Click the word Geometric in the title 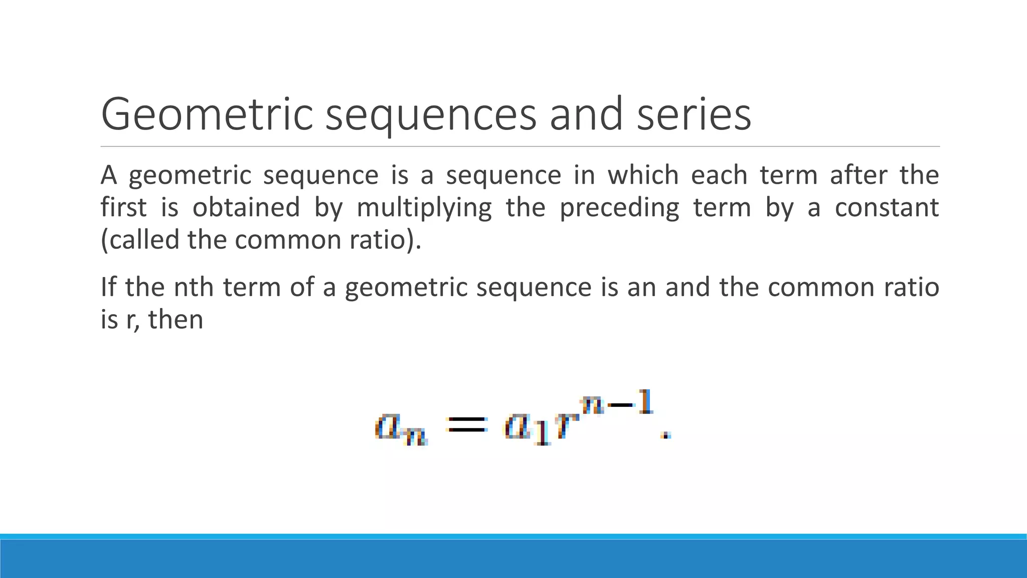(x=207, y=114)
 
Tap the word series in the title (x=694, y=114)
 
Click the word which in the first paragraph (x=643, y=175)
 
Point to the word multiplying (x=424, y=208)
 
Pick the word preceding (x=619, y=208)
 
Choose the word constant (x=887, y=207)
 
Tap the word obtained (x=246, y=207)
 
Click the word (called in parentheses (x=140, y=240)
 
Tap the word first (x=123, y=207)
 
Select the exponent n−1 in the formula (x=617, y=404)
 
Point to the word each (x=718, y=175)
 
